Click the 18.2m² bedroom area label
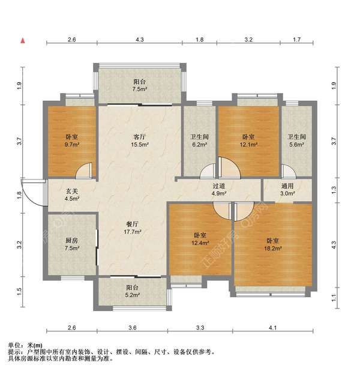[x=274, y=244]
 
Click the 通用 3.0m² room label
[x=287, y=190]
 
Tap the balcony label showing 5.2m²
[x=132, y=291]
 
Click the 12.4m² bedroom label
[x=200, y=238]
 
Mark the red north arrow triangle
[x=23, y=41]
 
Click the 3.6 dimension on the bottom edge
[x=132, y=328]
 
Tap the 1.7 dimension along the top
[x=296, y=40]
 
